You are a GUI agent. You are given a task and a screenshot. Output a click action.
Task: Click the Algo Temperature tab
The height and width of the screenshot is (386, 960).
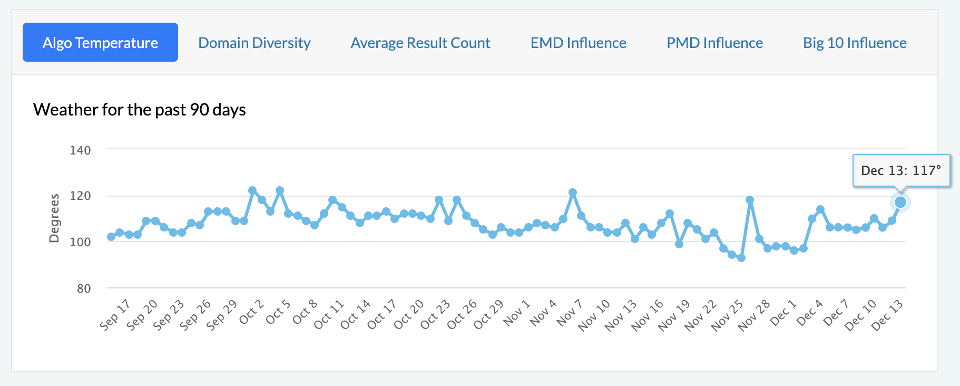click(100, 43)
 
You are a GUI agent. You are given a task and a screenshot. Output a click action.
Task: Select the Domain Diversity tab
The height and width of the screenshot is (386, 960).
click(254, 43)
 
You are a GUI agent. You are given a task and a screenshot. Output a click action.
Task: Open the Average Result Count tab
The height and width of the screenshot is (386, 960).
click(420, 43)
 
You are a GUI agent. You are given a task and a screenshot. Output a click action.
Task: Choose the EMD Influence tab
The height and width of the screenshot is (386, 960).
click(578, 43)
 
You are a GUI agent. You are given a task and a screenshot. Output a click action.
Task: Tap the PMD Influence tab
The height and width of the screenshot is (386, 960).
click(714, 43)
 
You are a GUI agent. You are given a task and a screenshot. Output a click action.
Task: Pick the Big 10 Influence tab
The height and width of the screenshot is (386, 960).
click(855, 43)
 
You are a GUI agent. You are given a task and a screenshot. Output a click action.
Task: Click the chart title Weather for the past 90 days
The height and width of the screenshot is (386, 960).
click(140, 110)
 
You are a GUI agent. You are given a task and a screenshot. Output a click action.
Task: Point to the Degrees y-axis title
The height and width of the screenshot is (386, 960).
click(54, 218)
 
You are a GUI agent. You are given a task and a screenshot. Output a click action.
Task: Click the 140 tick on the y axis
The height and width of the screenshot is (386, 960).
click(80, 150)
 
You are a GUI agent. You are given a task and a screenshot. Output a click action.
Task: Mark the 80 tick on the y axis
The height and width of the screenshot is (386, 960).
click(84, 288)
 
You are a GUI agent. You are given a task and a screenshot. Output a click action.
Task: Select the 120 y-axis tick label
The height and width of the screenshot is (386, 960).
click(80, 196)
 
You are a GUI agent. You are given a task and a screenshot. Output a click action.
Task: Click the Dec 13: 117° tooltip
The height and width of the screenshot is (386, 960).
click(901, 170)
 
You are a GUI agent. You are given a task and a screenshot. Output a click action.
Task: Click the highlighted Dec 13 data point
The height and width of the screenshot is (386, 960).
click(900, 202)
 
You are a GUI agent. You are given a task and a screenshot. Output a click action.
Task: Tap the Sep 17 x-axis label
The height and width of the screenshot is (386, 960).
click(115, 315)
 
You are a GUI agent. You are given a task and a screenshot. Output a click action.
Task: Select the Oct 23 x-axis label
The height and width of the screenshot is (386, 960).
click(436, 315)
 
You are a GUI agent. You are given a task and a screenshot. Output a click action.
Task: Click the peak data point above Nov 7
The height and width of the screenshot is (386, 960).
click(573, 193)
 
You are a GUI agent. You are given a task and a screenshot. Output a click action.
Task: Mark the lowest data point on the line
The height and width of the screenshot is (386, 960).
click(741, 258)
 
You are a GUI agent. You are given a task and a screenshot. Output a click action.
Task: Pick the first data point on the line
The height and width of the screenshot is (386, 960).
click(111, 237)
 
